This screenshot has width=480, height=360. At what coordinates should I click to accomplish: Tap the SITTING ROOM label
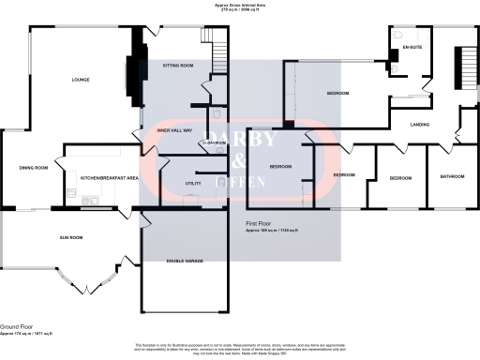177,66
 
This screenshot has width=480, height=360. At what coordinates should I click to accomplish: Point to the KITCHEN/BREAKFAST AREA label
110,177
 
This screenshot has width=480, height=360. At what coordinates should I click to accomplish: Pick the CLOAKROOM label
214,142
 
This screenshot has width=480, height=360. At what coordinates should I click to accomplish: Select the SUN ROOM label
71,237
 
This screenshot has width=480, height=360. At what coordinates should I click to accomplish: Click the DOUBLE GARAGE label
187,261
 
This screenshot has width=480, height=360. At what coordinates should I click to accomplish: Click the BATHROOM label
452,175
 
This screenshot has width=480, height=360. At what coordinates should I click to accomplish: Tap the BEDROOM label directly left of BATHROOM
401,177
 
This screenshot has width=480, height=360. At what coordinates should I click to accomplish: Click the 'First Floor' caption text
259,223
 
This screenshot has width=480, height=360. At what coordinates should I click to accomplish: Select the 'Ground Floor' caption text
18,326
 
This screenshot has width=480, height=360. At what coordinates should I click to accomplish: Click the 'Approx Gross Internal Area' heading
239,5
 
